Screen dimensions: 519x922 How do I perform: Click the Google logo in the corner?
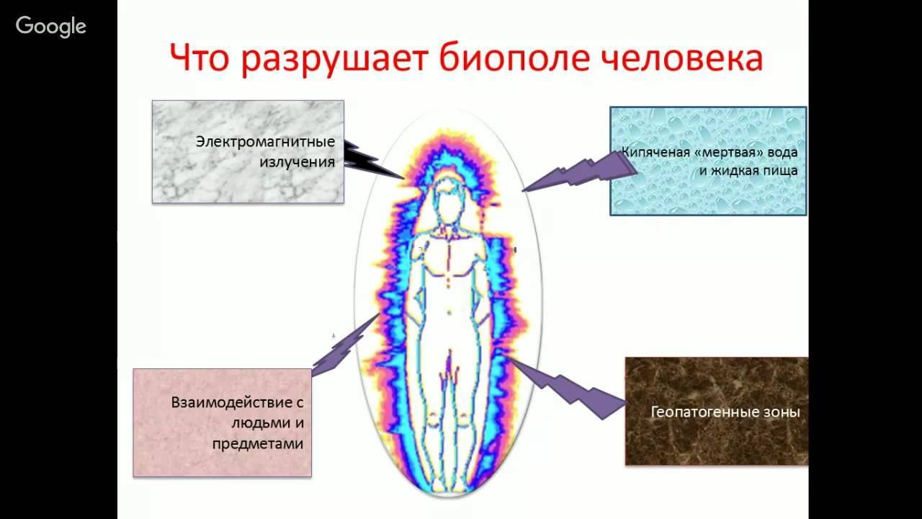(x=51, y=27)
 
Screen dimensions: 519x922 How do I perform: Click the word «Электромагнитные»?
(x=265, y=141)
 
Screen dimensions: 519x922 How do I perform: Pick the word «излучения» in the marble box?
(x=297, y=162)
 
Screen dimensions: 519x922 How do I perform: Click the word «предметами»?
(x=257, y=443)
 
